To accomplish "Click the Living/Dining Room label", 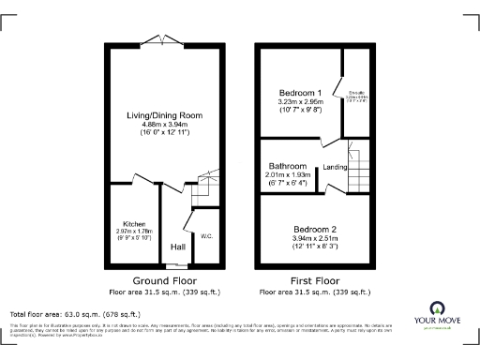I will [x=164, y=115].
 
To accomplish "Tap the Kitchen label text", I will [x=132, y=225].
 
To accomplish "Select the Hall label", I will [x=177, y=247].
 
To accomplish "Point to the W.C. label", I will [x=206, y=236].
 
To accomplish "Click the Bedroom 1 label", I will [x=300, y=92].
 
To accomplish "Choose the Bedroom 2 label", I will [x=309, y=229].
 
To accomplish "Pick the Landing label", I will [x=336, y=168].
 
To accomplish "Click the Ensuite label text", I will [x=355, y=92].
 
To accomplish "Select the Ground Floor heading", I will [x=164, y=280].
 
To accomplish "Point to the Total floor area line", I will [x=75, y=314].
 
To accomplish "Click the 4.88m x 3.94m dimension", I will [x=164, y=126].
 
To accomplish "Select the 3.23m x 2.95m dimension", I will [x=300, y=102].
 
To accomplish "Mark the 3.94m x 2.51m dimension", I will [x=309, y=239].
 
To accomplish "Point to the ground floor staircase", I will [x=203, y=192].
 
